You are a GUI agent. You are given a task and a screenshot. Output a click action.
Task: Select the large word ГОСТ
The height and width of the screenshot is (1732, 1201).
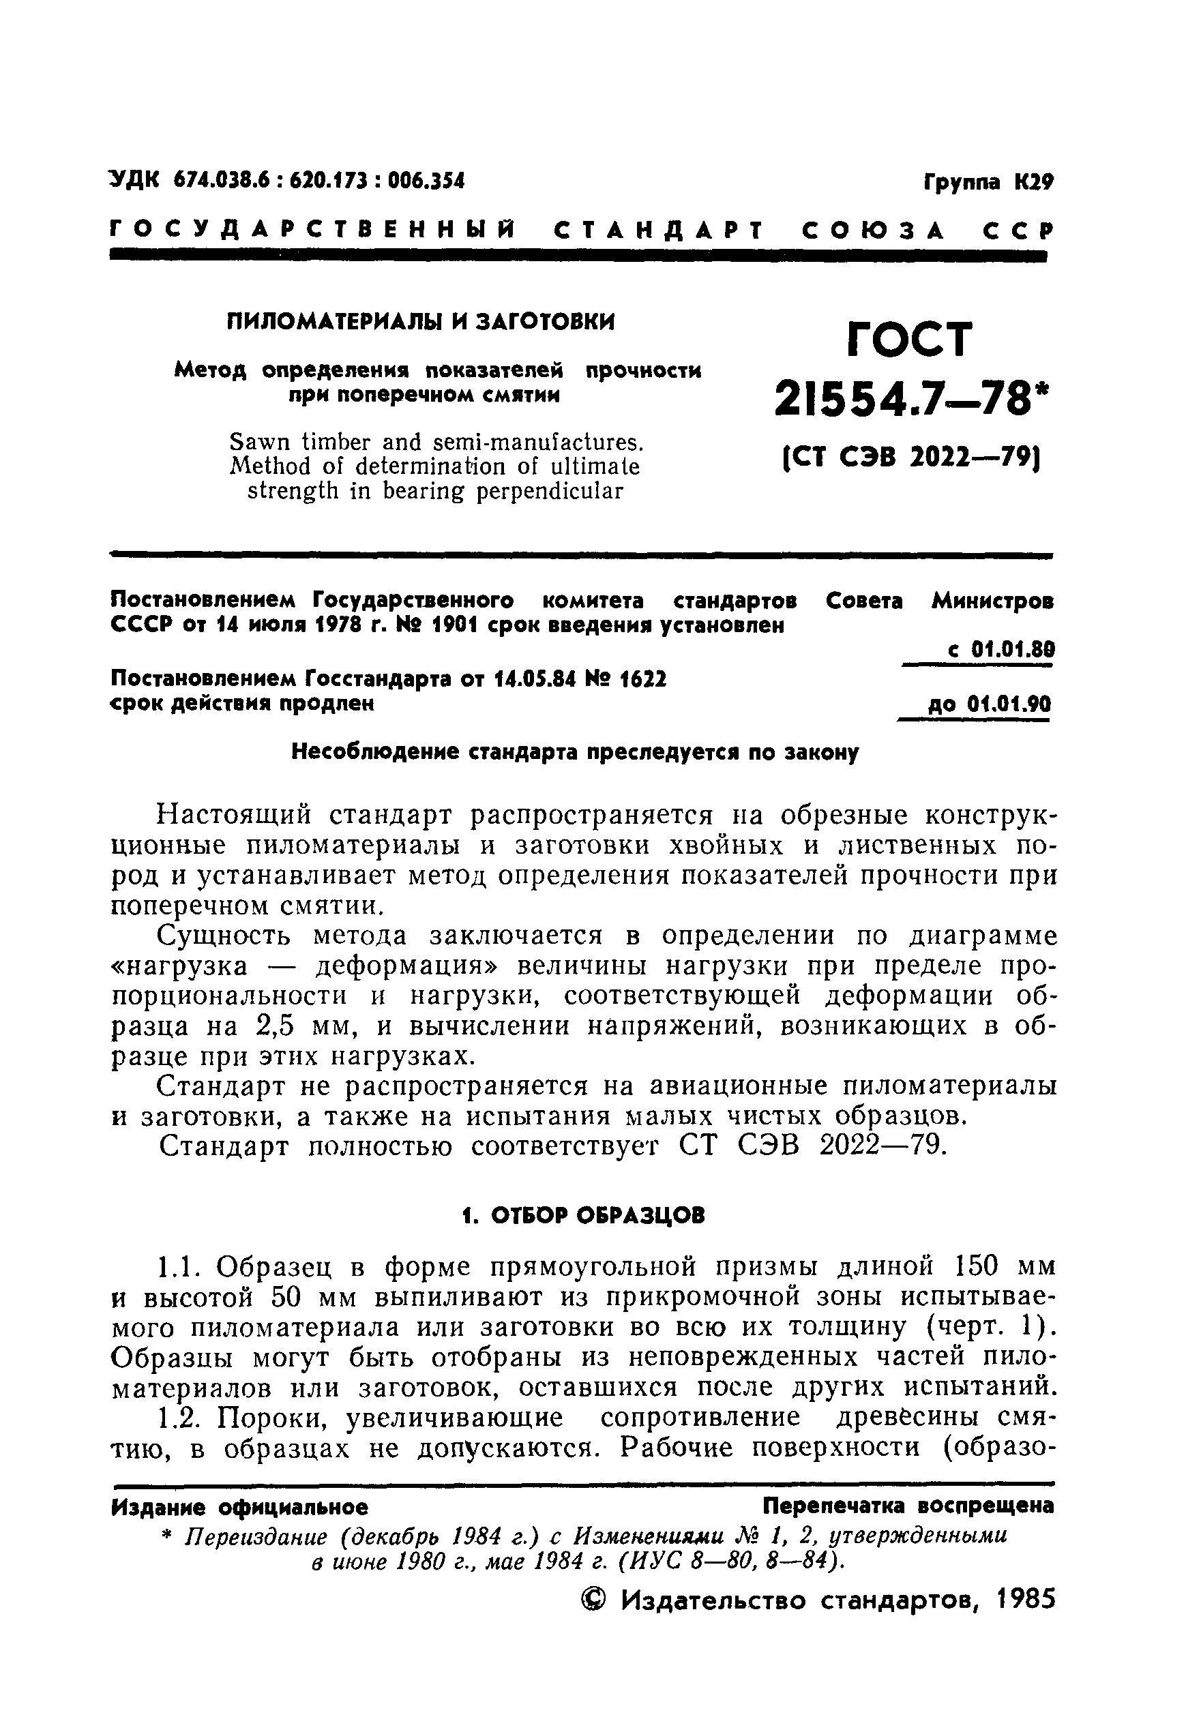910,340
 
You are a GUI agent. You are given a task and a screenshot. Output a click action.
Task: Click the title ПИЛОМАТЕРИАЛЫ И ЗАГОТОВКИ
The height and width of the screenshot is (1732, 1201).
421,322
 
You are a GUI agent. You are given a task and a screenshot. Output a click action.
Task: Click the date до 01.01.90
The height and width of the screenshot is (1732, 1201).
989,705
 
